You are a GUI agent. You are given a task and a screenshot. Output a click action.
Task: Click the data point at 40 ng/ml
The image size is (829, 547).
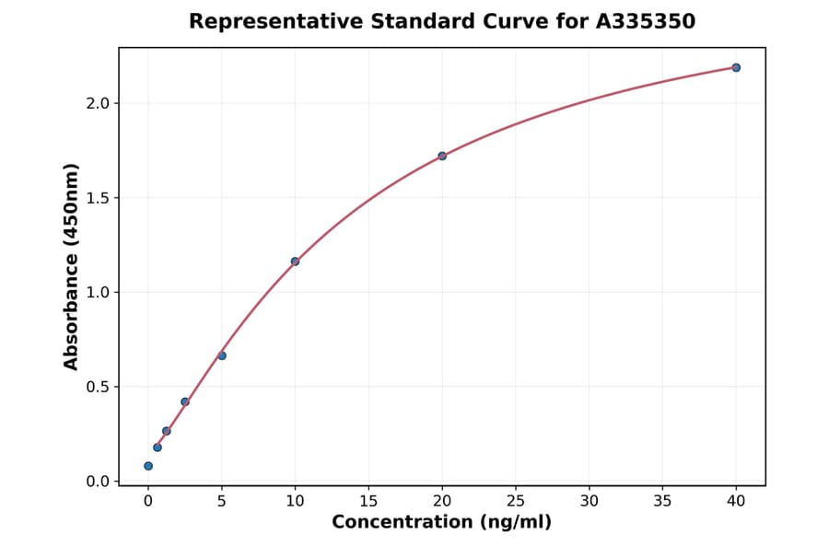coord(736,67)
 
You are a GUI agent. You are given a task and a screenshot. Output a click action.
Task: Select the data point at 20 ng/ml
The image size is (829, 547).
coord(442,156)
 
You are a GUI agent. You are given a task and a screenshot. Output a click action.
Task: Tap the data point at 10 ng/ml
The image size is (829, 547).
coord(295,262)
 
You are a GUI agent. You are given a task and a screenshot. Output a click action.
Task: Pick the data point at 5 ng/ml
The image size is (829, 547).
coord(222,355)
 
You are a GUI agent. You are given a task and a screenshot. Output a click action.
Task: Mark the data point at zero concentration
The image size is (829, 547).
coord(148,466)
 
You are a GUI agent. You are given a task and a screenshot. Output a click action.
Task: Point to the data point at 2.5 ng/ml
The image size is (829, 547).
coord(185,402)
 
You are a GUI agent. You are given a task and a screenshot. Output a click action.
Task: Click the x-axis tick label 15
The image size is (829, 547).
coord(368,501)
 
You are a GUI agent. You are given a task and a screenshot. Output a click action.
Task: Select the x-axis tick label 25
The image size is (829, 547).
coord(516,501)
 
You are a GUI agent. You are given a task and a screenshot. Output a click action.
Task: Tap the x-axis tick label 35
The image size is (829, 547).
coord(662,501)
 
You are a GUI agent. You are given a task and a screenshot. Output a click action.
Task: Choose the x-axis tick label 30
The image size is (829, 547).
coord(590,501)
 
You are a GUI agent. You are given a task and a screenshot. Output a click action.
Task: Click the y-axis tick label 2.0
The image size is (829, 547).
coord(98,103)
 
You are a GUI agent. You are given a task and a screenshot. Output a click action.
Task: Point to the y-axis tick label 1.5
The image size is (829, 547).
coord(98,198)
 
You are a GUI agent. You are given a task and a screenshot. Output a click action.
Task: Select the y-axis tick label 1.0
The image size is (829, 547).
coord(98,293)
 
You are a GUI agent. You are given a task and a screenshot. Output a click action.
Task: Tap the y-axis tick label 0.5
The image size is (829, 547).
coord(98,387)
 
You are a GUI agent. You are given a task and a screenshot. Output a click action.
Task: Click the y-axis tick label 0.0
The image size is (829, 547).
coord(98,482)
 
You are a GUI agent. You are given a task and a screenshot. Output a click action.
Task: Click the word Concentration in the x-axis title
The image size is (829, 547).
coord(400,522)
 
